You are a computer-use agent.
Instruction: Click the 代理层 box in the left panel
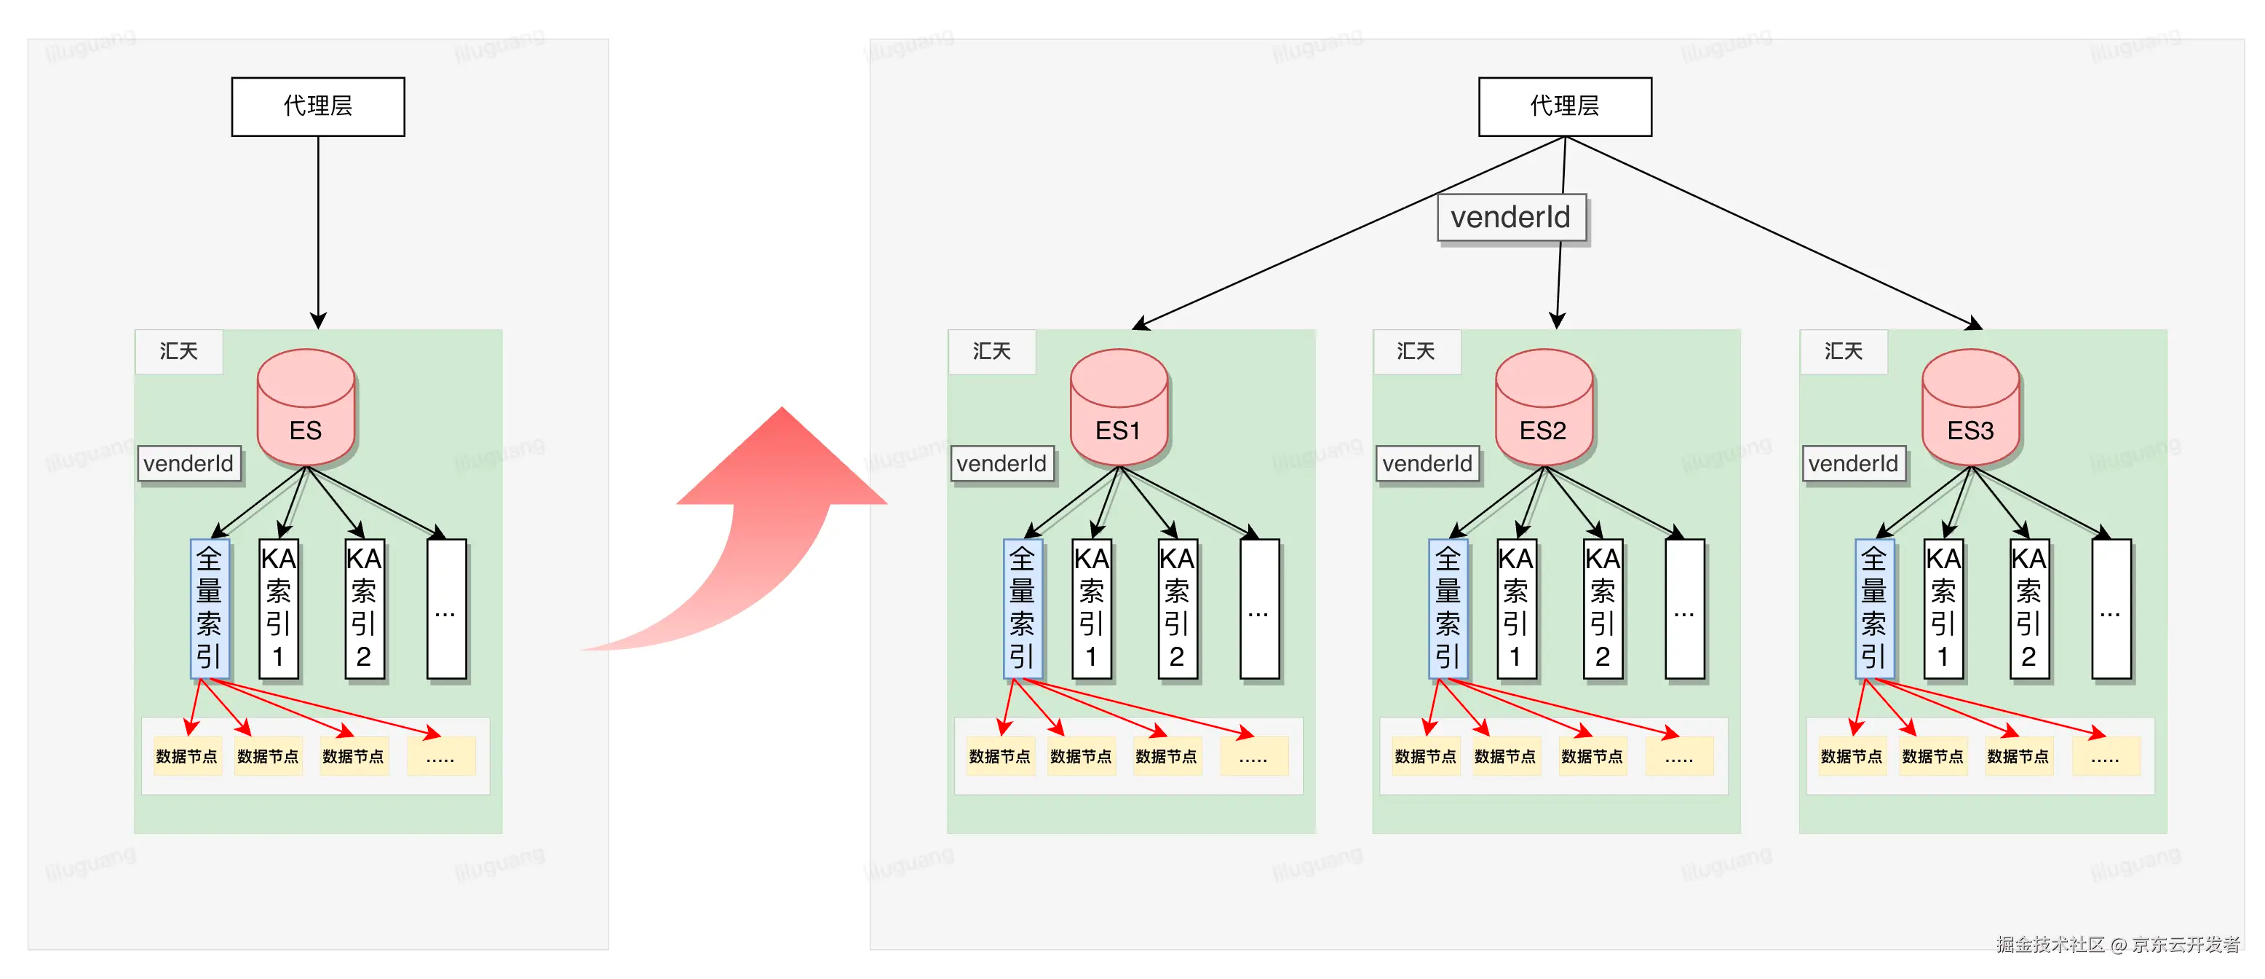(x=317, y=106)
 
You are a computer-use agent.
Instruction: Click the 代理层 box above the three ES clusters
(x=1564, y=106)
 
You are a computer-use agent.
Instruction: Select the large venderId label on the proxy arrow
(x=1510, y=217)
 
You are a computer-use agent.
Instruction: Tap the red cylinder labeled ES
(x=305, y=407)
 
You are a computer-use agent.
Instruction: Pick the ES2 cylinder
(x=1543, y=407)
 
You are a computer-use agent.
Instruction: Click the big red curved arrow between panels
(x=756, y=528)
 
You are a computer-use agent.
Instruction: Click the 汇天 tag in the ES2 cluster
(x=1416, y=352)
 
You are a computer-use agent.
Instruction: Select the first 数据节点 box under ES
(x=186, y=756)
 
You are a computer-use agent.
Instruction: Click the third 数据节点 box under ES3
(x=2018, y=756)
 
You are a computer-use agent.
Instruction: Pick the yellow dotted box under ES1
(x=1253, y=756)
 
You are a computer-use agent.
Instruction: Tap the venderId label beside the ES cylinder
(x=189, y=463)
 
